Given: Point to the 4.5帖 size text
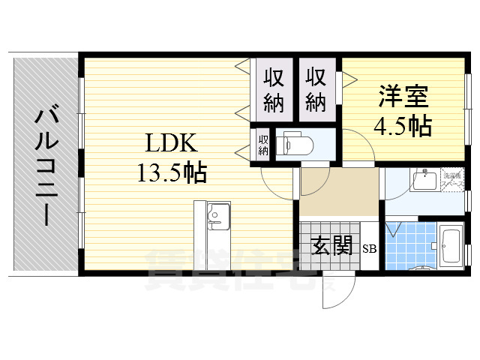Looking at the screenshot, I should (x=403, y=125).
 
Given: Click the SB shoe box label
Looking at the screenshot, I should (x=370, y=248).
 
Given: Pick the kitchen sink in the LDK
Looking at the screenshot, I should (x=217, y=217).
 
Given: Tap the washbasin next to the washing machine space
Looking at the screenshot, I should (x=424, y=181).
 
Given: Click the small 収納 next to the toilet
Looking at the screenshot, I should (x=263, y=143).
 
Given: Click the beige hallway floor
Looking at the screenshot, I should (x=339, y=193).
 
